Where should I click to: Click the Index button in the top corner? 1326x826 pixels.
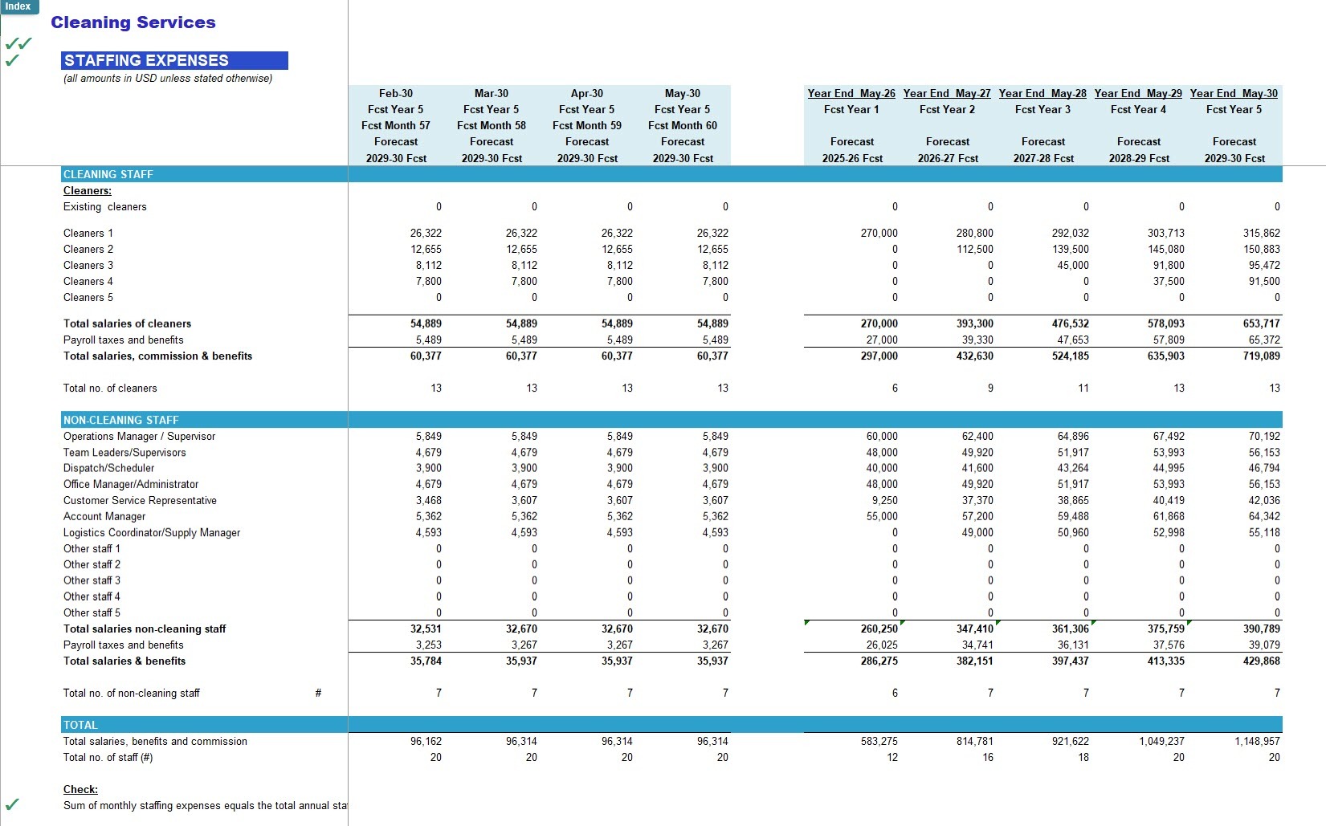point(19,6)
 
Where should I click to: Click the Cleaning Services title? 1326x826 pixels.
point(133,22)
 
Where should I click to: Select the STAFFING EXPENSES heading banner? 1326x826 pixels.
point(174,60)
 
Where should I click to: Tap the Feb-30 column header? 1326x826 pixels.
point(395,93)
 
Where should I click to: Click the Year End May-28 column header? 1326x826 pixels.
point(1042,93)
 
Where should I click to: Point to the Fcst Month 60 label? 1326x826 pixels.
point(683,125)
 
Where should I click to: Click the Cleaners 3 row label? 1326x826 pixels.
point(88,265)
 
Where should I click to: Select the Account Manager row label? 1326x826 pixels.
point(104,516)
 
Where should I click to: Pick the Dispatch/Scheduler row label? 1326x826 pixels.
point(109,468)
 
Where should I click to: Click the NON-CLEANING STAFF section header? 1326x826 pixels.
point(120,420)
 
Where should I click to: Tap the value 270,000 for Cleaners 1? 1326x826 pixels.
point(879,233)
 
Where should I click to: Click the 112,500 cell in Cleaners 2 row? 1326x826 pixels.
point(974,249)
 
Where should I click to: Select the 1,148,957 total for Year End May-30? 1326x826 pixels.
point(1257,742)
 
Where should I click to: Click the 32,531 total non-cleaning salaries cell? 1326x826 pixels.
point(426,629)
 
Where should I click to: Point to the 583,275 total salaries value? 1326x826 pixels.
point(879,742)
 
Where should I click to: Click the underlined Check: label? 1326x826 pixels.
point(80,789)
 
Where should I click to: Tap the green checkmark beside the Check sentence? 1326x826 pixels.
point(12,804)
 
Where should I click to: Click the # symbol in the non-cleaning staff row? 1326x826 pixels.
point(319,693)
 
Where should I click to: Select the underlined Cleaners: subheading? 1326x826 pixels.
point(87,190)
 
